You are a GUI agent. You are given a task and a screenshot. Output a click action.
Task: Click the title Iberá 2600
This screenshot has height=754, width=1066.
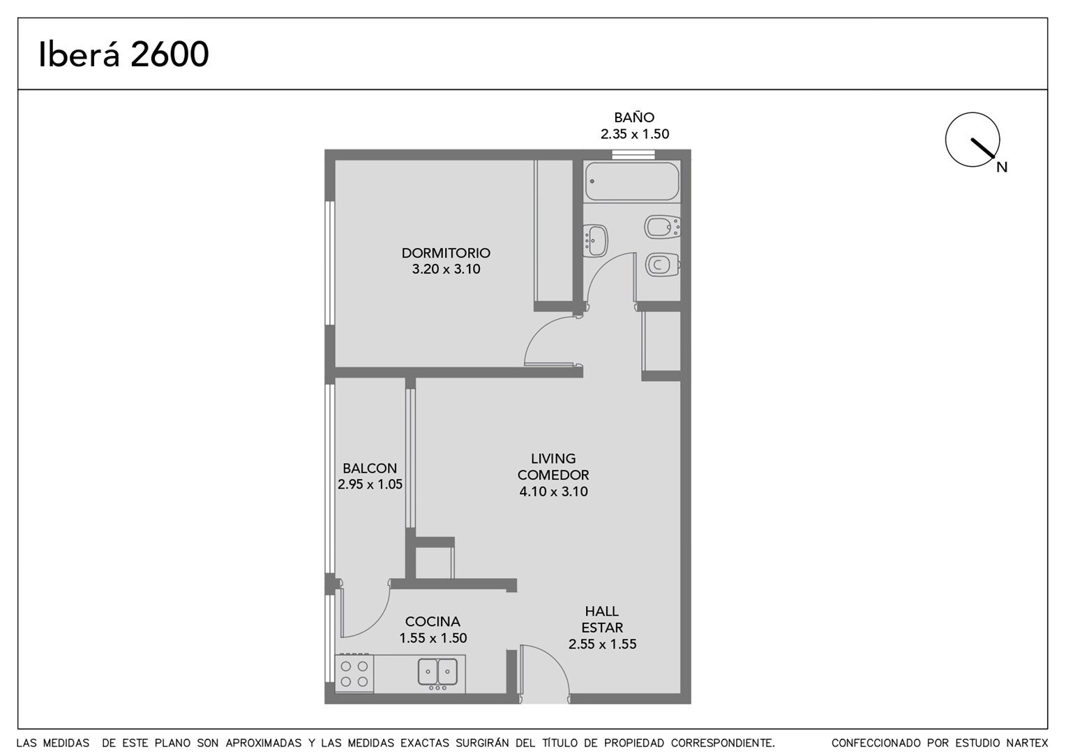point(123,54)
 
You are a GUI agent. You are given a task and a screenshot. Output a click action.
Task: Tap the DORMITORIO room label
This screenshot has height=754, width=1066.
point(446,253)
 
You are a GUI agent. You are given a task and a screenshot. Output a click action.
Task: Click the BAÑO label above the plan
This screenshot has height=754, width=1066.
point(634,117)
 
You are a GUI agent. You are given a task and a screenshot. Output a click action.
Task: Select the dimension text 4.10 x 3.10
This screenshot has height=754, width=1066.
point(553,491)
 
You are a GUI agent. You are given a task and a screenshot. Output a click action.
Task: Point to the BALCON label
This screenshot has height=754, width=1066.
point(370,468)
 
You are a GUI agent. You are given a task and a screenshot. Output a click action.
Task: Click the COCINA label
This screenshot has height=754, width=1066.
point(433,621)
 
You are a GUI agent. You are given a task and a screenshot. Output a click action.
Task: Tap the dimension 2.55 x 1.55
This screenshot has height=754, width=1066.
point(602,644)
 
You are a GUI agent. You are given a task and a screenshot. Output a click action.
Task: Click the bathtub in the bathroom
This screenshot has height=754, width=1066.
point(632,182)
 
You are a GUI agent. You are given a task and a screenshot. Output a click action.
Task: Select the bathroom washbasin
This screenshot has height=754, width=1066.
point(595,241)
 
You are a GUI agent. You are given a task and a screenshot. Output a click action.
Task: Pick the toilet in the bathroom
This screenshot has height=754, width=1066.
point(662,265)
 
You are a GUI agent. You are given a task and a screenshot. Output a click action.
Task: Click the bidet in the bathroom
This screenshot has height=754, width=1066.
point(662,227)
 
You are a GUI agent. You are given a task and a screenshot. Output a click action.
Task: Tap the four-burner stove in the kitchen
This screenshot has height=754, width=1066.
point(354,674)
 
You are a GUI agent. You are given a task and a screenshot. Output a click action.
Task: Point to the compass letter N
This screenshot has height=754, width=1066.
point(1002,167)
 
